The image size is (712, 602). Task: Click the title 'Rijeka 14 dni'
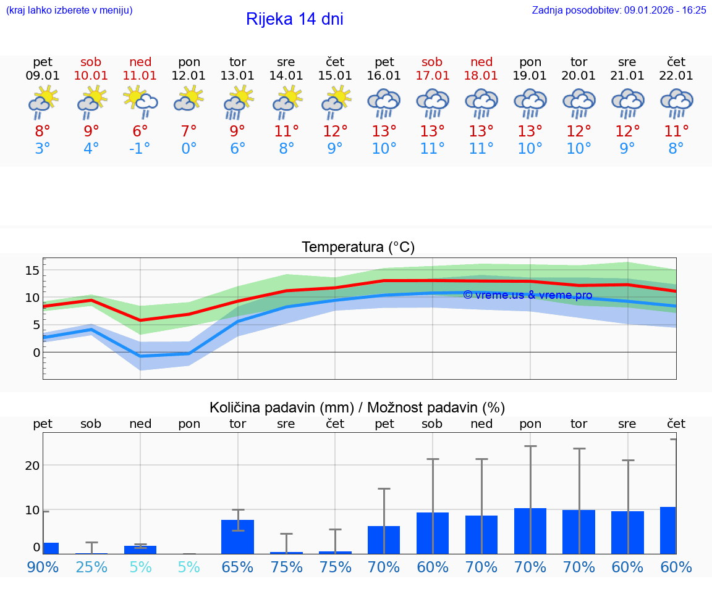pyautogui.click(x=294, y=19)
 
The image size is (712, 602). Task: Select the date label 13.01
pyautogui.click(x=237, y=76)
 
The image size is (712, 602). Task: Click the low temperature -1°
pyautogui.click(x=140, y=149)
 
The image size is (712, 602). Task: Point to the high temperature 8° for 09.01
pyautogui.click(x=43, y=132)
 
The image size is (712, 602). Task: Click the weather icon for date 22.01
pyautogui.click(x=676, y=102)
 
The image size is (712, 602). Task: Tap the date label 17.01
pyautogui.click(x=432, y=76)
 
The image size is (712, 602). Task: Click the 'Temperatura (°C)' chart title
pyautogui.click(x=358, y=248)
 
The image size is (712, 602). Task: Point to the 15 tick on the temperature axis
pyautogui.click(x=32, y=270)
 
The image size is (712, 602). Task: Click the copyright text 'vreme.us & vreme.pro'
pyautogui.click(x=527, y=295)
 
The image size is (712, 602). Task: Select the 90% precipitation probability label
pyautogui.click(x=43, y=567)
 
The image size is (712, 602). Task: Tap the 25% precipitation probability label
pyautogui.click(x=91, y=567)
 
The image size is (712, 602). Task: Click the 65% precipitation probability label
pyautogui.click(x=237, y=567)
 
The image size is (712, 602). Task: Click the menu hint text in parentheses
pyautogui.click(x=69, y=10)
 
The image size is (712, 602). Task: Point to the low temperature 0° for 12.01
pyautogui.click(x=189, y=149)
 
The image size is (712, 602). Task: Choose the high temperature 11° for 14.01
pyautogui.click(x=286, y=132)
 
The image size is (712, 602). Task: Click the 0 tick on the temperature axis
pyautogui.click(x=36, y=353)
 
